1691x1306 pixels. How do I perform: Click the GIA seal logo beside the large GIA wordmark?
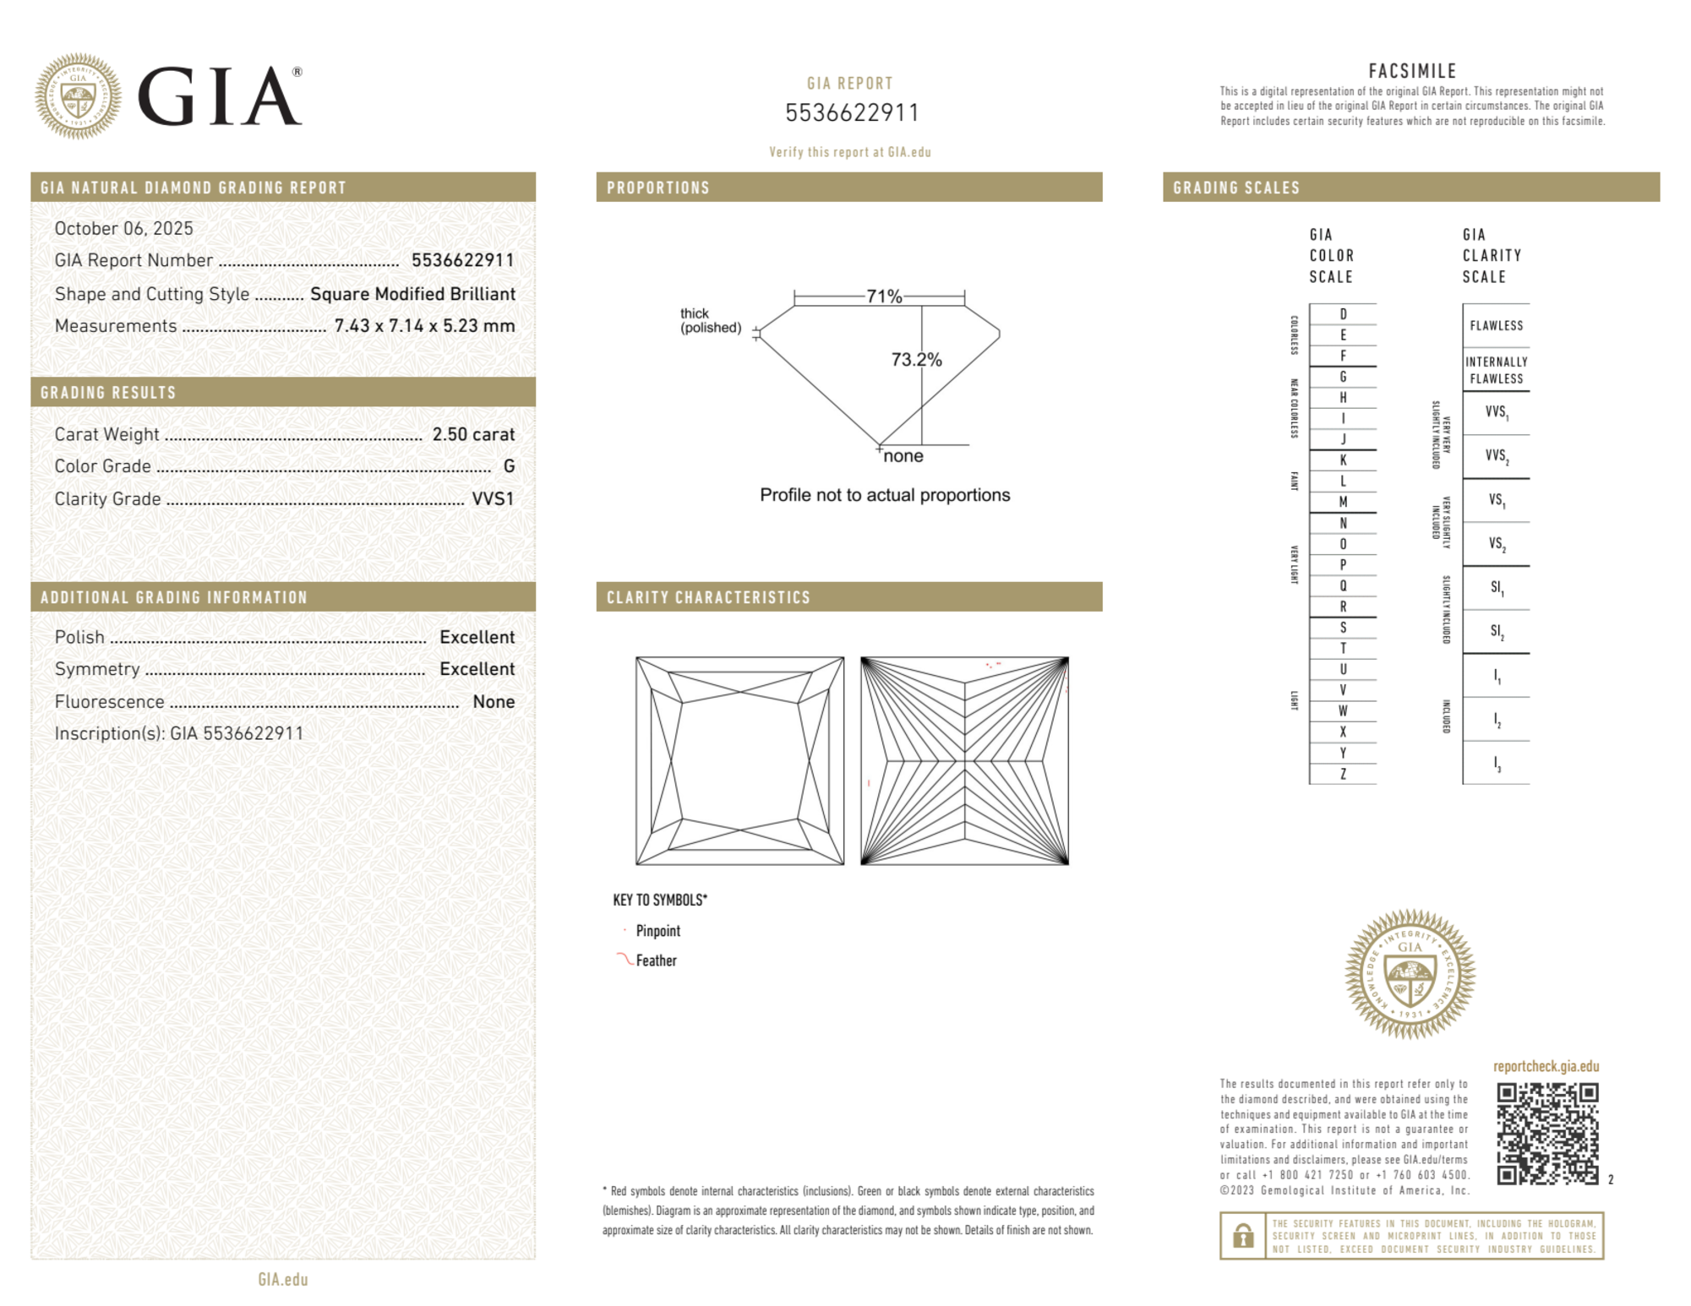78,96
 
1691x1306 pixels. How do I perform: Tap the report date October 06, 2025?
123,228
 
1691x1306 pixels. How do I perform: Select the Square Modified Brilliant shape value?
412,294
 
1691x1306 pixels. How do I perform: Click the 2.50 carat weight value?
473,434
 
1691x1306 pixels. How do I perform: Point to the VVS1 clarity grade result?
493,499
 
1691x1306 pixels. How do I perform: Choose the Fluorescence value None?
494,702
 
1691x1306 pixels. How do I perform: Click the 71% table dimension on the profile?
884,297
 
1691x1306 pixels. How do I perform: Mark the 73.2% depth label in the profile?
916,360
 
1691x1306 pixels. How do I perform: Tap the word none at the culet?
903,456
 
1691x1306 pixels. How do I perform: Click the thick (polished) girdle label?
711,320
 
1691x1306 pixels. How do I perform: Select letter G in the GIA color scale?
1343,377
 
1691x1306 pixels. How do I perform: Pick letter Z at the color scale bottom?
1343,774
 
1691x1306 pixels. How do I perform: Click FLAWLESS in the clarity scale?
1496,326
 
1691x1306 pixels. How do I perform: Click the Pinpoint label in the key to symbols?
657,931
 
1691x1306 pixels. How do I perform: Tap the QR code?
1547,1134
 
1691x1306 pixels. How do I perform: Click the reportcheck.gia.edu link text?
1546,1066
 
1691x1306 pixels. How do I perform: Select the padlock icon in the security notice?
1242,1236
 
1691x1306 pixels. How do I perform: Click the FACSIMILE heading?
1412,72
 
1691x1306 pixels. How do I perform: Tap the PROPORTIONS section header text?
657,188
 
